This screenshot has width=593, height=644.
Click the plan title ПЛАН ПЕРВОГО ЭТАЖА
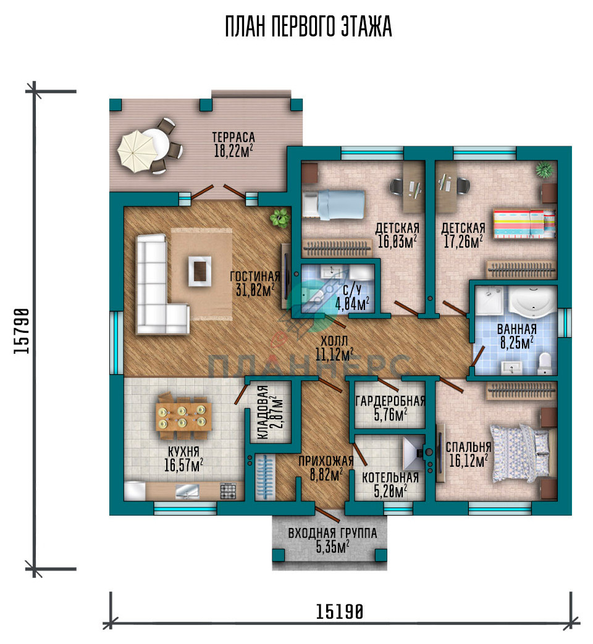pos(308,27)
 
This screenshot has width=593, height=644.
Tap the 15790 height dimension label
pos(22,331)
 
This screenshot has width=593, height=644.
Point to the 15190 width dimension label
pos(340,611)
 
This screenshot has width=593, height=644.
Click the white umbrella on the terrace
pos(137,150)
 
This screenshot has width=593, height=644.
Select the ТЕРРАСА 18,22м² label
pos(233,144)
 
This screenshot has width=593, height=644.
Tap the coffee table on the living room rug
pos(200,270)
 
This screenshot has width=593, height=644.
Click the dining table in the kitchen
pos(184,416)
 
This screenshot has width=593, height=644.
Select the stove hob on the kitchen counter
pos(228,491)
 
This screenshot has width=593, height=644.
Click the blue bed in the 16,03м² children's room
pos(334,204)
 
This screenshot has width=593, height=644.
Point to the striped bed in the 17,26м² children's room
pos(524,224)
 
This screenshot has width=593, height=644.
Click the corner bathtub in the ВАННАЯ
pos(532,302)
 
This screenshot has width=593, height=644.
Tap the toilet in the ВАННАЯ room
pos(544,363)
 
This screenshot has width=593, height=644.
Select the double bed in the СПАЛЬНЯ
pos(520,453)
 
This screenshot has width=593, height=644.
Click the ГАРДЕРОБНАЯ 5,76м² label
pos(390,408)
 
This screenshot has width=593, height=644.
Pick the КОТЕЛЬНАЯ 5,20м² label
pos(390,484)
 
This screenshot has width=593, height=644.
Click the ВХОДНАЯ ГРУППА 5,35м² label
pos(332,540)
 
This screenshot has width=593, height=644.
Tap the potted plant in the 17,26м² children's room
pos(544,170)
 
